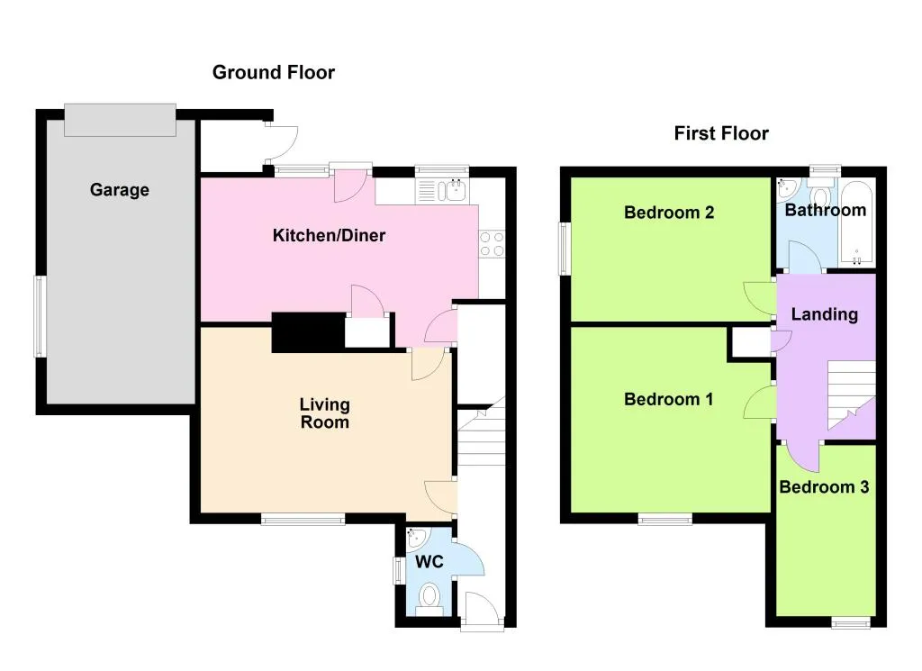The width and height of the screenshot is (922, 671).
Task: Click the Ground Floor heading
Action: point(274,72)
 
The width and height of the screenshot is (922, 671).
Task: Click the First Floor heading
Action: point(721,133)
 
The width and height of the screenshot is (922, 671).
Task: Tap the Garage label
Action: point(120,190)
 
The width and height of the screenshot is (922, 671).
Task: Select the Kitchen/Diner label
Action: point(330,235)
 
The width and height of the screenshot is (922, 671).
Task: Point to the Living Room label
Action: point(324,413)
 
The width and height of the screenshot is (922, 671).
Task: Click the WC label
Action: point(429,562)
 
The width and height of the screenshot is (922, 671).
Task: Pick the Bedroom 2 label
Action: point(669,213)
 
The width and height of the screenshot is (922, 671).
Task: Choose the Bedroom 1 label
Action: point(669,399)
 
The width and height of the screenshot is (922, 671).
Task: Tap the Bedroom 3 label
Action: point(824,487)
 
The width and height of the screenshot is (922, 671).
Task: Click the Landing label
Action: point(825,314)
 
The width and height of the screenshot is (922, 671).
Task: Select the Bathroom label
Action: point(826,210)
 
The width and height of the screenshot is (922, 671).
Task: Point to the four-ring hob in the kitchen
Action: point(493,244)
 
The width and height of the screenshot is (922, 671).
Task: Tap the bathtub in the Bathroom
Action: point(857,223)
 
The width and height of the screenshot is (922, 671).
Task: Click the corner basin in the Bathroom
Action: point(786,188)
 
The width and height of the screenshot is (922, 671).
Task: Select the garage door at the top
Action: point(120,120)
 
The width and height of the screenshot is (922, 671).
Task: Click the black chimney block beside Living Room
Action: point(308,332)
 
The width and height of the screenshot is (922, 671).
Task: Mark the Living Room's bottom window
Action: point(303,519)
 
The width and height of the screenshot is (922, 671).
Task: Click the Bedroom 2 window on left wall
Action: point(565,249)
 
